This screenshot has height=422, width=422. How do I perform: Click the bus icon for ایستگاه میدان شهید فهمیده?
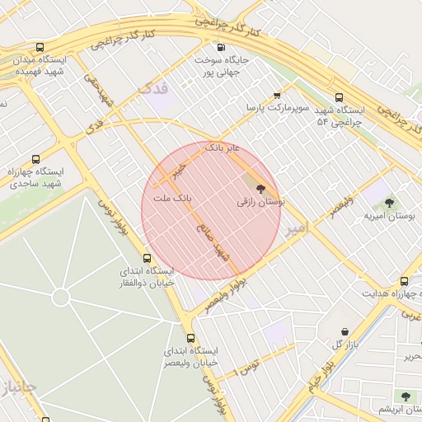point(40,48)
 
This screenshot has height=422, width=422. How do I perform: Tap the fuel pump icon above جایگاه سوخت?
point(220,47)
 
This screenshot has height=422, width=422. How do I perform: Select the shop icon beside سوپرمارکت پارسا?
point(277,96)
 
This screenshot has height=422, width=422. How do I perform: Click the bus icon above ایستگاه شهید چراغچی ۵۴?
point(340,96)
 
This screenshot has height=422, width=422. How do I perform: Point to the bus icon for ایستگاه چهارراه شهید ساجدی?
point(35,159)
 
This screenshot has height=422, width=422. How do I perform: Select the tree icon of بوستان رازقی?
point(262,189)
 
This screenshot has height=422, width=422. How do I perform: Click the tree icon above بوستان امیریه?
point(389,202)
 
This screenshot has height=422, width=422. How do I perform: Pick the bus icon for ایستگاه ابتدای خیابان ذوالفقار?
point(148,258)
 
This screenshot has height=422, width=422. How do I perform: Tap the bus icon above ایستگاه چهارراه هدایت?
point(404,281)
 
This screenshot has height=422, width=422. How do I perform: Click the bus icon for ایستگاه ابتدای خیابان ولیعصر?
point(191,338)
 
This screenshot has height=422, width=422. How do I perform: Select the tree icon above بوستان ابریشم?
point(405,396)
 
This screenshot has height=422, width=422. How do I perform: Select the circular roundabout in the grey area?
point(60,297)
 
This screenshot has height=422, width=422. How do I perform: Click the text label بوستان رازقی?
point(260,201)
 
